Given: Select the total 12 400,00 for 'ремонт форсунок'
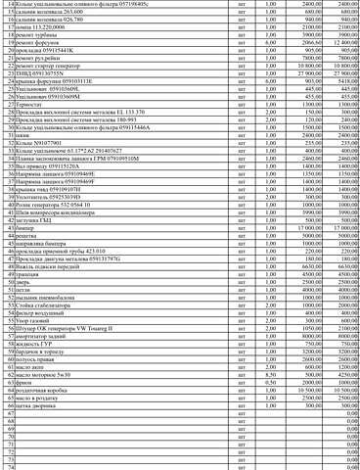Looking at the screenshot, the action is [339, 44].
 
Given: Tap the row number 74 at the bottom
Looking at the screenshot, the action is [10, 467].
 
